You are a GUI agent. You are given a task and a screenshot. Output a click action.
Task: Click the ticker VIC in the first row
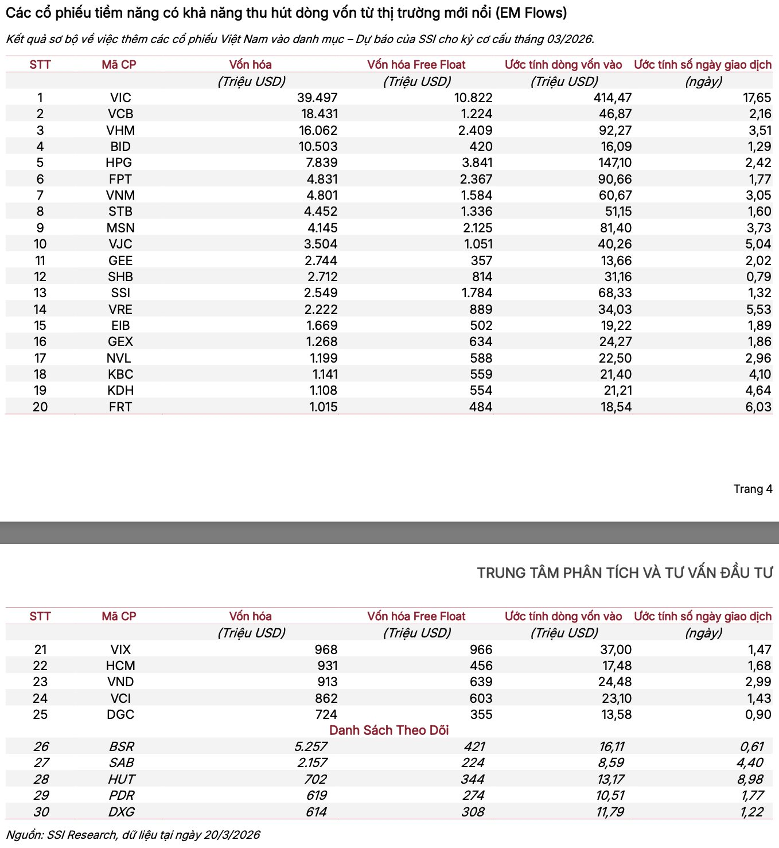tap(120, 98)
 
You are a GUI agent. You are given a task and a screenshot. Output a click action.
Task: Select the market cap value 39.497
tap(317, 98)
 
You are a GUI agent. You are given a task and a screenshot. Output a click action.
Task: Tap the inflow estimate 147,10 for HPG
tap(615, 163)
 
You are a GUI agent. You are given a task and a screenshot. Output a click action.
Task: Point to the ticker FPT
tap(120, 180)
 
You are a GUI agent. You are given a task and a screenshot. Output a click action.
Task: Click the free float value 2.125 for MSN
tap(477, 228)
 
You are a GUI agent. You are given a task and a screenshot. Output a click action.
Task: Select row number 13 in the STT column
tap(40, 293)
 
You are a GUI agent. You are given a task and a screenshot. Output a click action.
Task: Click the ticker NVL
tap(119, 359)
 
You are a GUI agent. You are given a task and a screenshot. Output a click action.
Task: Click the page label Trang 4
tap(753, 489)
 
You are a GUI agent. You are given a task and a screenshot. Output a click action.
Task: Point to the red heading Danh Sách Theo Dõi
tap(389, 730)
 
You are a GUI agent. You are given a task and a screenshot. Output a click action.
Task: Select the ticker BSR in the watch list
tap(122, 747)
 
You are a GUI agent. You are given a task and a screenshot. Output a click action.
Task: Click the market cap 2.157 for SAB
tap(312, 763)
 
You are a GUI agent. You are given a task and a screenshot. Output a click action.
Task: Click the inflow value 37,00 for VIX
tap(616, 650)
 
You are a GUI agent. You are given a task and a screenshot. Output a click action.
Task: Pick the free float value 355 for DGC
tap(481, 715)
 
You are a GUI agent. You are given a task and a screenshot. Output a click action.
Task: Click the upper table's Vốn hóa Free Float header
tap(416, 65)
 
